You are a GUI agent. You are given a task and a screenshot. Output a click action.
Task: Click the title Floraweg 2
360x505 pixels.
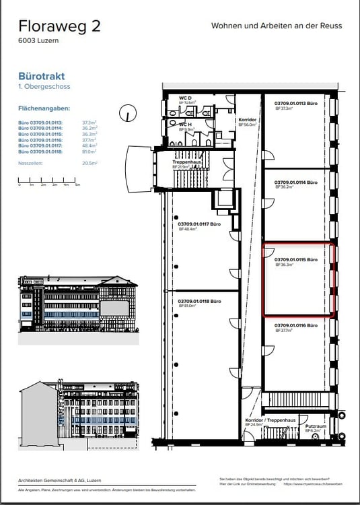pyautogui.click(x=60, y=26)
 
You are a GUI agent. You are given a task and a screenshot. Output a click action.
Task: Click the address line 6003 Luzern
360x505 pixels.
pyautogui.click(x=40, y=42)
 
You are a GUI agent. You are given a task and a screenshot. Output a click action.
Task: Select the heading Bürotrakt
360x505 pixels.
pyautogui.click(x=43, y=77)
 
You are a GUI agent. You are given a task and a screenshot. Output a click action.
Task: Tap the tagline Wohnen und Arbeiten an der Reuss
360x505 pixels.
pyautogui.click(x=277, y=26)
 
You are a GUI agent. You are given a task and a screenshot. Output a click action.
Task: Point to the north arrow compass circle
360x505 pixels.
pyautogui.click(x=127, y=114)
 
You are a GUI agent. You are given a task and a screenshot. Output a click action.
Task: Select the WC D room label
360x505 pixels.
pyautogui.click(x=186, y=99)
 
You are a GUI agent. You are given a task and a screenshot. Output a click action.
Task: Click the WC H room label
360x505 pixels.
pyautogui.click(x=186, y=124)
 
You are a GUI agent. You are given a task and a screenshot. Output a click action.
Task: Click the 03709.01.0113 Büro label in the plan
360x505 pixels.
pyautogui.click(x=295, y=104)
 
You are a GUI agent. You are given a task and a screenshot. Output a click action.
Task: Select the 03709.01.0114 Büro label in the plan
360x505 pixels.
pyautogui.click(x=295, y=182)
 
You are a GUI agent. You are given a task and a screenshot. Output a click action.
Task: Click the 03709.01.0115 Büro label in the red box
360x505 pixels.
pyautogui.click(x=295, y=260)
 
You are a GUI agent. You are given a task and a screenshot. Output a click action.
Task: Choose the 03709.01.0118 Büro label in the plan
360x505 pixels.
pyautogui.click(x=200, y=302)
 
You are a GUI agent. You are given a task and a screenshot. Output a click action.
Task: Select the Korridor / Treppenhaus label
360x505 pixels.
pyautogui.click(x=271, y=421)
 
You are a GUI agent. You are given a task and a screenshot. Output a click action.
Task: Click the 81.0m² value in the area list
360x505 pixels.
pyautogui.click(x=90, y=152)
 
